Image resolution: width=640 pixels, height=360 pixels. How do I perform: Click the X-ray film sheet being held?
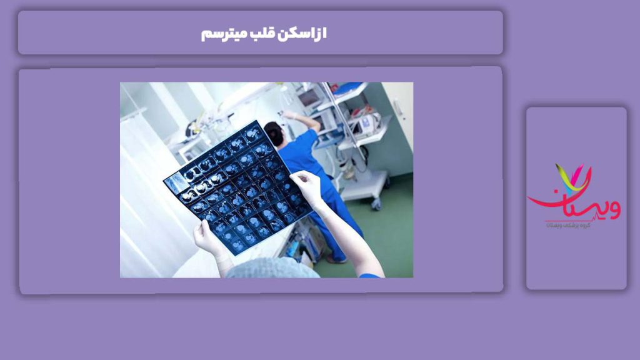[x=237, y=187]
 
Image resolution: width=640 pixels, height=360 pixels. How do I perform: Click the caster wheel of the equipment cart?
[x=376, y=204]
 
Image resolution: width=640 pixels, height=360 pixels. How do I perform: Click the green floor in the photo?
[x=387, y=244]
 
